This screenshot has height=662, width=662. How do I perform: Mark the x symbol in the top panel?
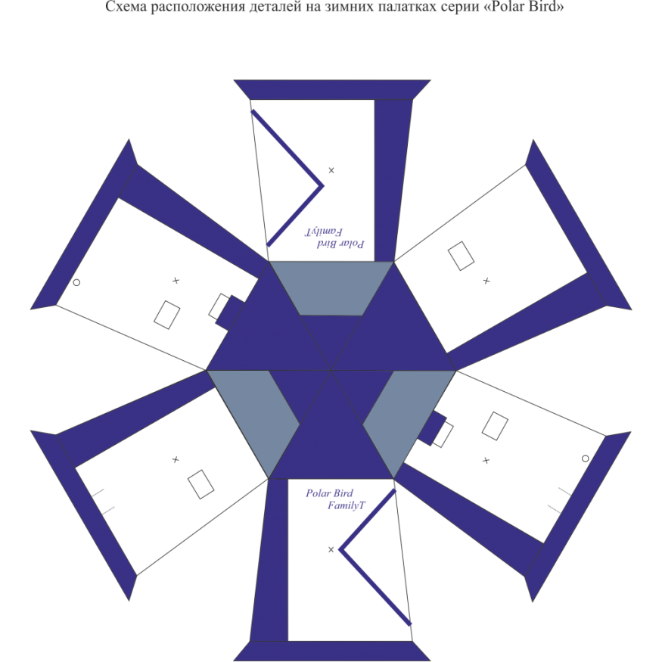(331, 170)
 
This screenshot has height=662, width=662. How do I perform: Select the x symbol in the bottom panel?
(331, 549)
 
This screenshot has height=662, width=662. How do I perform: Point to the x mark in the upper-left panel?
(176, 281)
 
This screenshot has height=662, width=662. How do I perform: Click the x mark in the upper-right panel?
(486, 281)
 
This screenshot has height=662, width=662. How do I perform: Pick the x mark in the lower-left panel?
(176, 458)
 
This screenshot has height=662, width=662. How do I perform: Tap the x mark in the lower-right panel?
(486, 458)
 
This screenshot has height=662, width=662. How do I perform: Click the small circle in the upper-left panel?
(76, 281)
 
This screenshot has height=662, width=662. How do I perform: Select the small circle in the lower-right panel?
(585, 458)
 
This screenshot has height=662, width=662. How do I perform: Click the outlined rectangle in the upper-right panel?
(461, 255)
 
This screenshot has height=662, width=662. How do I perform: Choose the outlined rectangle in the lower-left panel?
(200, 484)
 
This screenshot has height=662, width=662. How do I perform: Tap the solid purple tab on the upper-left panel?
(233, 310)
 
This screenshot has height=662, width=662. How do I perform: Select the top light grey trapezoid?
(331, 288)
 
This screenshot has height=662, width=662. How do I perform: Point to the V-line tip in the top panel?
(324, 185)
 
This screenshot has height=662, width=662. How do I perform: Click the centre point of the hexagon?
(331, 370)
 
